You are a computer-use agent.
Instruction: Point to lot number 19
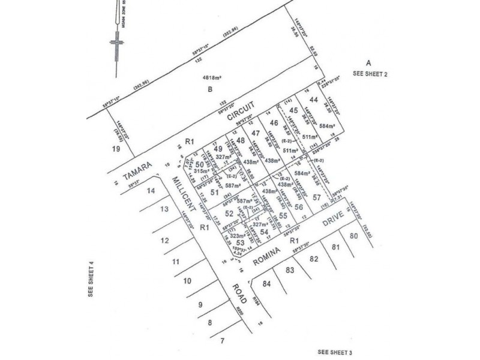(109, 147)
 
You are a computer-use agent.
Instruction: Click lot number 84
(268, 283)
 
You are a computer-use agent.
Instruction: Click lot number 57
(317, 197)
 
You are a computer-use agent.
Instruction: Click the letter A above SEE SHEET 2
(370, 62)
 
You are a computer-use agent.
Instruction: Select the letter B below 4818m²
(211, 90)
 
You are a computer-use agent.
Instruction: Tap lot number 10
(187, 280)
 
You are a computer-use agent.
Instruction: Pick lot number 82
(313, 259)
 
